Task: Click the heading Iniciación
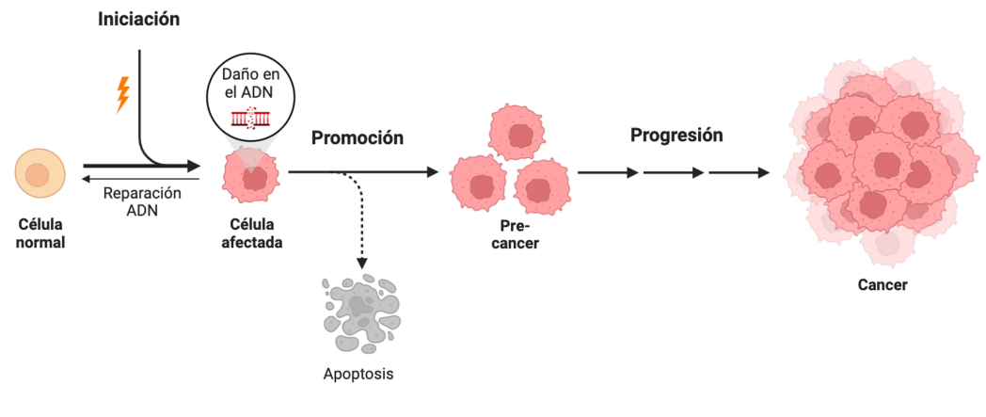click(x=138, y=19)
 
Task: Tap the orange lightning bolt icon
click(x=122, y=94)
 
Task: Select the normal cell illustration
click(x=39, y=175)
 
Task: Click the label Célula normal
click(x=39, y=234)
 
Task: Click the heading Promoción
click(x=358, y=137)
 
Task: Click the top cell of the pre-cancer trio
click(x=516, y=133)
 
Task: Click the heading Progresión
click(x=676, y=135)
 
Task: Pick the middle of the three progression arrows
click(x=674, y=173)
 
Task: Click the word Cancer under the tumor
click(x=882, y=284)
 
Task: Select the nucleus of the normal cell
click(x=38, y=175)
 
